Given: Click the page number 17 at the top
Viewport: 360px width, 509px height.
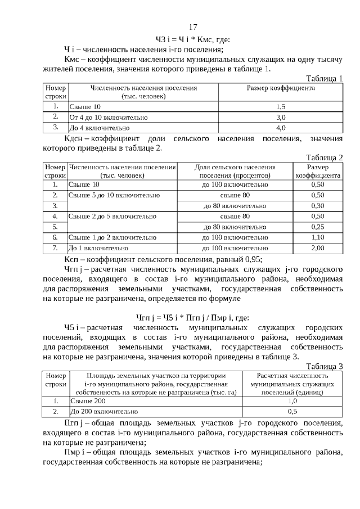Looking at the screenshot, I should click(192, 27).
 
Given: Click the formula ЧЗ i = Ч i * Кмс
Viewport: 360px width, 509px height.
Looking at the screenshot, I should click(188, 39).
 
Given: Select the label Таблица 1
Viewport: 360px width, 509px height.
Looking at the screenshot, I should click(324, 78).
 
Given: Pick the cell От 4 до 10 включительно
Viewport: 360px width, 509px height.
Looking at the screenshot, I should click(109, 118).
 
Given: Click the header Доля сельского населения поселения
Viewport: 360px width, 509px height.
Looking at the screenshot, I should click(235, 171).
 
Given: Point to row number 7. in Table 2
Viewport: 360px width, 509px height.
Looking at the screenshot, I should click(55, 247).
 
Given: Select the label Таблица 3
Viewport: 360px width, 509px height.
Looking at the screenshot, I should click(324, 366).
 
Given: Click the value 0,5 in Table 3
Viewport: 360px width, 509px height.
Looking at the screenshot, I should click(292, 412).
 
